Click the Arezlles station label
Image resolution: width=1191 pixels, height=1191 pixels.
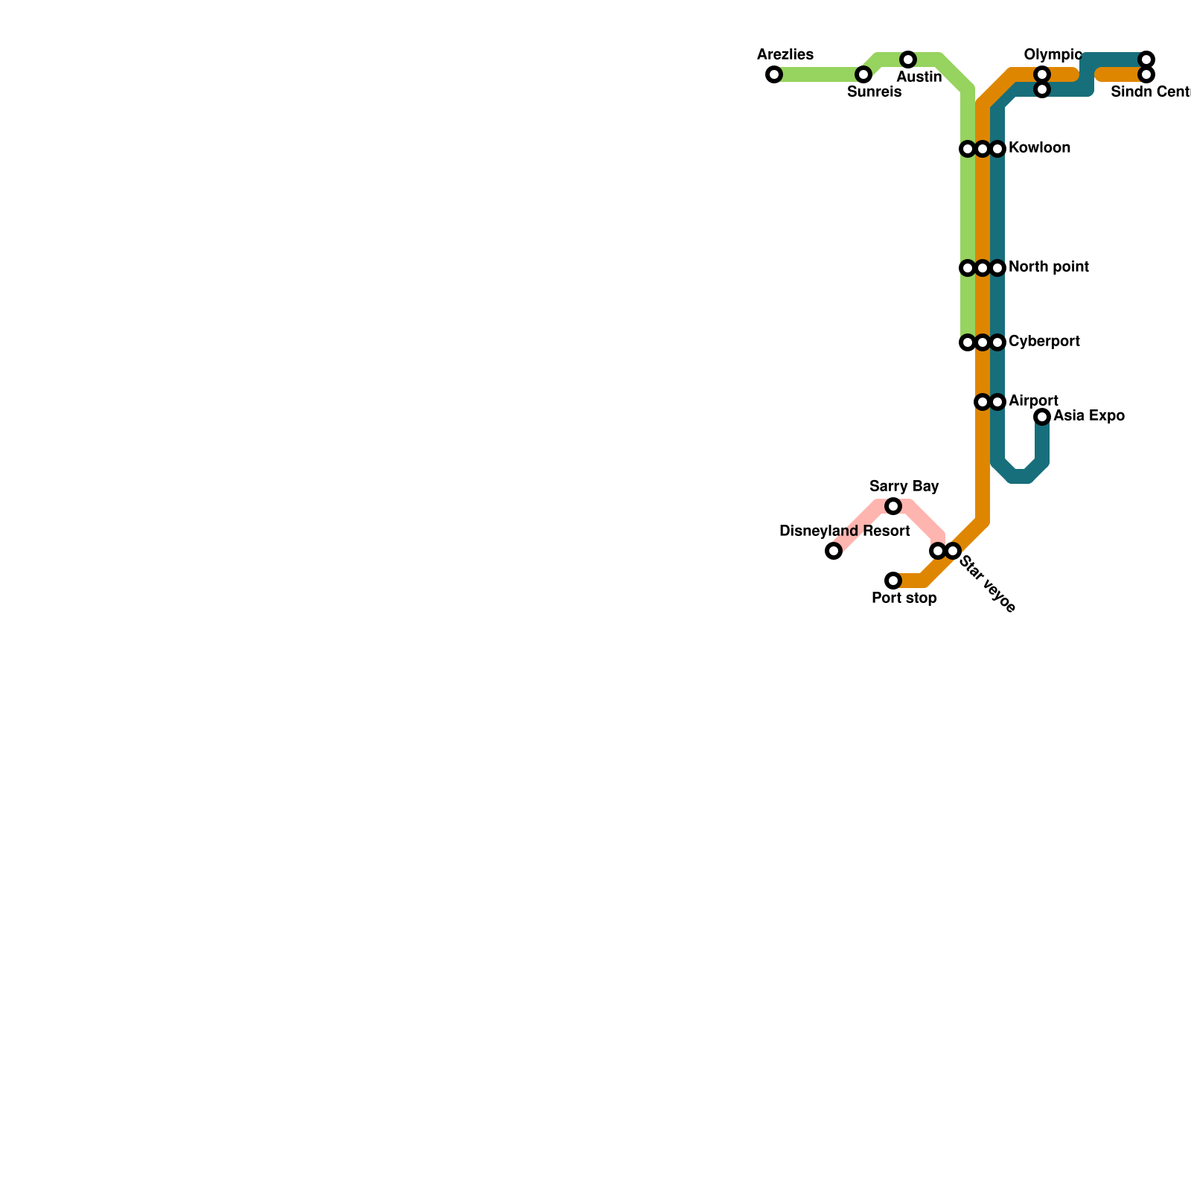[x=785, y=55]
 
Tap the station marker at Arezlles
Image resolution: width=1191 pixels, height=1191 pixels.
[x=774, y=74]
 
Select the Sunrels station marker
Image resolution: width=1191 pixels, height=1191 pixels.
[x=863, y=74]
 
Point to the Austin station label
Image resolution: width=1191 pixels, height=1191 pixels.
[x=919, y=77]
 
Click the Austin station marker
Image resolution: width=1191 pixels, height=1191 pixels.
[x=908, y=60]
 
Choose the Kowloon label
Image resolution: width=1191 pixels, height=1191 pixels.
[x=1039, y=148]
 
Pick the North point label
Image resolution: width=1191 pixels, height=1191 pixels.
[x=1048, y=267]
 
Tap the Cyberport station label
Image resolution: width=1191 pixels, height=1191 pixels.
[x=1044, y=342]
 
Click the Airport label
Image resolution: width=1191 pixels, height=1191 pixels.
[x=1033, y=401]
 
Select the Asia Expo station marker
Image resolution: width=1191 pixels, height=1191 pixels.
[x=1042, y=417]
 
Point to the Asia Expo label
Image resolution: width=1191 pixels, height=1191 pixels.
[x=1088, y=416]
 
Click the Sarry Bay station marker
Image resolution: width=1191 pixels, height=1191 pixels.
[x=893, y=506]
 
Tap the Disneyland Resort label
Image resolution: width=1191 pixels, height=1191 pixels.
[x=844, y=531]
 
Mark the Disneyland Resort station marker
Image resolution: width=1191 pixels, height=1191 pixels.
[x=834, y=551]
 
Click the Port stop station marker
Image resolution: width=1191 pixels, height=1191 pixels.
[x=893, y=581]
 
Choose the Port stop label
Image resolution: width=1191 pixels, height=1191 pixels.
[x=904, y=598]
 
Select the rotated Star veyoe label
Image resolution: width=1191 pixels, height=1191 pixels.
[x=987, y=584]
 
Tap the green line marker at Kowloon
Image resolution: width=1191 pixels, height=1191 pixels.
[x=968, y=149]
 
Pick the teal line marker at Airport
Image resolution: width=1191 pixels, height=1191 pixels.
[x=997, y=402]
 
